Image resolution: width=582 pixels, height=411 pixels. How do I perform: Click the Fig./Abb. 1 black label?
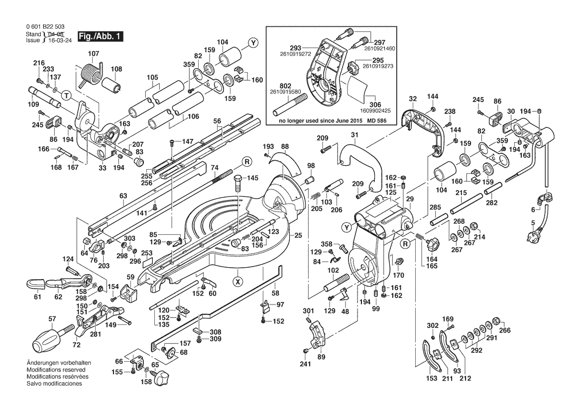click(x=100, y=37)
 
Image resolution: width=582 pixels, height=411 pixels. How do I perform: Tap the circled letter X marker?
click(x=238, y=281)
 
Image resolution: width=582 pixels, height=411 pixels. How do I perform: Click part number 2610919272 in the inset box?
click(x=297, y=53)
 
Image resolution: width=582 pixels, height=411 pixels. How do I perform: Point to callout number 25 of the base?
click(x=298, y=235)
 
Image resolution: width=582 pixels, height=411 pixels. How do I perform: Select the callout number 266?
click(x=505, y=329)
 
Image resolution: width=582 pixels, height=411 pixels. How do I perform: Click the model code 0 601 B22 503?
click(x=44, y=26)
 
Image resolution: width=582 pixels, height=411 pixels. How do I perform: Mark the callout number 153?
click(x=432, y=378)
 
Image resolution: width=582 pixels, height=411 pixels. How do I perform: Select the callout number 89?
click(x=321, y=357)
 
